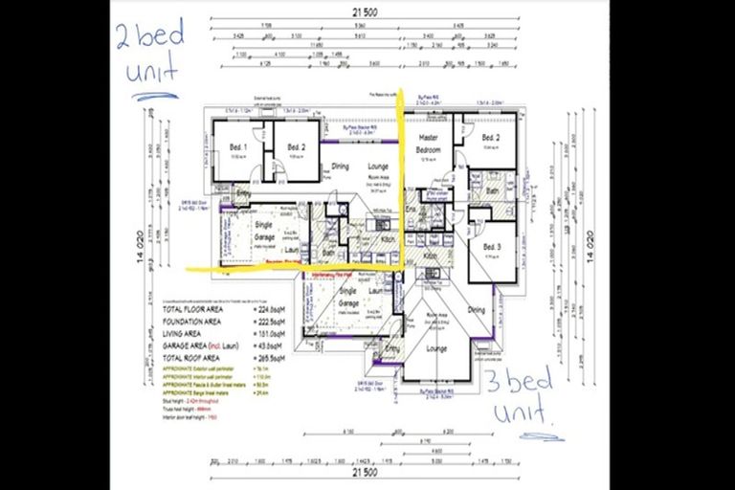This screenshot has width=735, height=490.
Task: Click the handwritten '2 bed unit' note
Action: (x=148, y=54)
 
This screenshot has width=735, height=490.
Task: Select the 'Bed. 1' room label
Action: (x=238, y=146)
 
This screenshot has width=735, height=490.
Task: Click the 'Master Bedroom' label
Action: (x=428, y=145)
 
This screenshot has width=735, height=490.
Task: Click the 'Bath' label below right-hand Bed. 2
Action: (x=492, y=190)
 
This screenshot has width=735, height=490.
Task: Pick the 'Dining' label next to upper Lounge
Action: (x=341, y=167)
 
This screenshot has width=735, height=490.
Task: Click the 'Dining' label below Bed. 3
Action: (x=476, y=309)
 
